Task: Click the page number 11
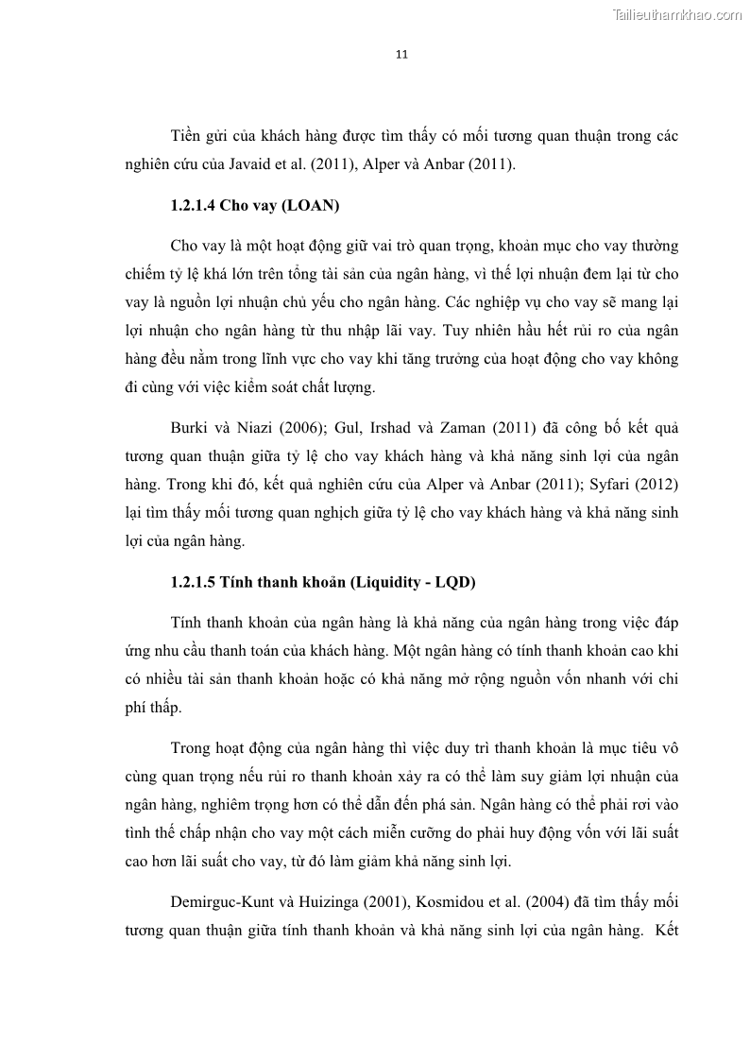click(x=401, y=54)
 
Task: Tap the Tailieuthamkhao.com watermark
click(x=677, y=14)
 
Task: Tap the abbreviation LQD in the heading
click(x=453, y=582)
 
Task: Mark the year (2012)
click(x=657, y=485)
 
